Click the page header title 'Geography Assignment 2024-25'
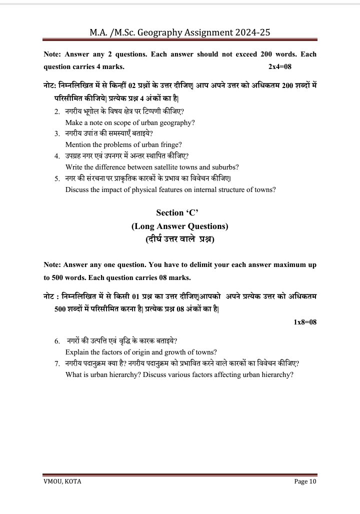click(180, 33)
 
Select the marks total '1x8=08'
click(305, 322)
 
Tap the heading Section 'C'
click(180, 213)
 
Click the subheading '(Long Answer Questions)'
click(180, 226)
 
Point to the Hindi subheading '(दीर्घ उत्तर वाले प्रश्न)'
click(180, 239)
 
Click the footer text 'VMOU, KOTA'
click(62, 481)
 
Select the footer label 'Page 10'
click(305, 481)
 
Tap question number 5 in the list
click(57, 178)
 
